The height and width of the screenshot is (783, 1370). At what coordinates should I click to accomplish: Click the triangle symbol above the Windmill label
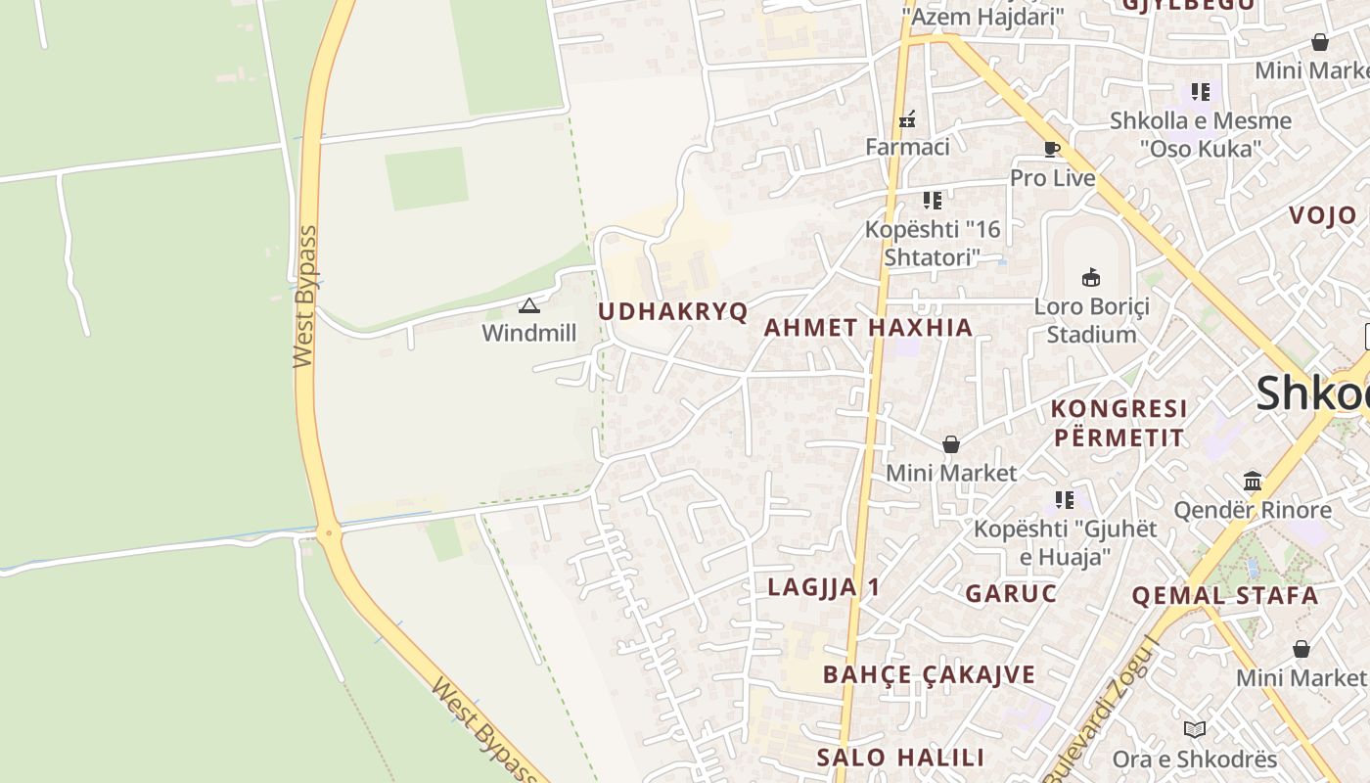[529, 306]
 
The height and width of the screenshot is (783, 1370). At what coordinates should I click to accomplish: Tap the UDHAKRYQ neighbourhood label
[672, 312]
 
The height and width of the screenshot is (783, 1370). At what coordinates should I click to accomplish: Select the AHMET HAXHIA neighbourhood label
[868, 328]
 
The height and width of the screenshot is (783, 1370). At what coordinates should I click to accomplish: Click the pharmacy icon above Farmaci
[907, 119]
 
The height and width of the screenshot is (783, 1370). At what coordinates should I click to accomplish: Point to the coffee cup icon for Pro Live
[1052, 150]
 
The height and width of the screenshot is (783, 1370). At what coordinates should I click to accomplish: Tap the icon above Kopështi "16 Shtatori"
[933, 201]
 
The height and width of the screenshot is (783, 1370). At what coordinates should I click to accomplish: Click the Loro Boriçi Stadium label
[1091, 320]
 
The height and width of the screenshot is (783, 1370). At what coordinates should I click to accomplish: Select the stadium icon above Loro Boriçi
[1091, 278]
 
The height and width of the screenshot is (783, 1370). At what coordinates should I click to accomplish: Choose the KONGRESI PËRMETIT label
[1119, 423]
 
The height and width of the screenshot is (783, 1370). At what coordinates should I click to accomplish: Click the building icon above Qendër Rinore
[1253, 481]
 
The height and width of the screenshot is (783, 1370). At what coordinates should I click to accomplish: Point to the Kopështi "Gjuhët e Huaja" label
[1065, 542]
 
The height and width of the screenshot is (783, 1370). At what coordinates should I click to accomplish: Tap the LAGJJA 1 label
[824, 587]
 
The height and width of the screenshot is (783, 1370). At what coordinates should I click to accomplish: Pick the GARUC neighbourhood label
[1011, 593]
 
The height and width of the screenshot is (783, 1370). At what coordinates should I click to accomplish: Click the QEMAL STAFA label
[1225, 595]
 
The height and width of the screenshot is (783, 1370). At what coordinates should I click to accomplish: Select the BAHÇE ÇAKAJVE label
[929, 674]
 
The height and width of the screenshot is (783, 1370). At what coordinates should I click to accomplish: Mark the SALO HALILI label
[900, 758]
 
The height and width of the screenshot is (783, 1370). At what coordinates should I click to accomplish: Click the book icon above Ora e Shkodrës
[1194, 729]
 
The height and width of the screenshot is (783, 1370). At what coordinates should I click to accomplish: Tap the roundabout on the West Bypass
[328, 533]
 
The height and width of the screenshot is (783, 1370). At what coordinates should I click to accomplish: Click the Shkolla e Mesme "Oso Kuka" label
[1201, 135]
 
